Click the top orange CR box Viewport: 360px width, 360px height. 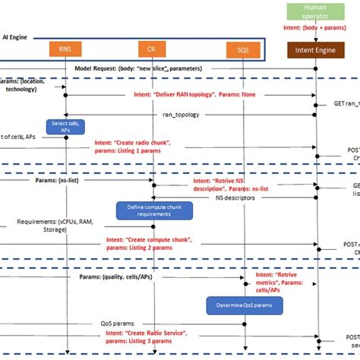(153, 50)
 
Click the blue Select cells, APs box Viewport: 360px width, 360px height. (67, 128)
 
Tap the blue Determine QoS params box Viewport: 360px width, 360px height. (244, 305)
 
